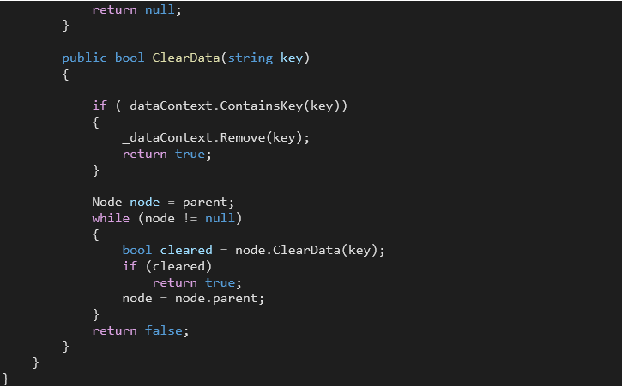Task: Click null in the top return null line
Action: click(163, 9)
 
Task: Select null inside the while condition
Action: click(224, 218)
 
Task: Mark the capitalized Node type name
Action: click(107, 202)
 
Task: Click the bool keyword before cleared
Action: click(137, 250)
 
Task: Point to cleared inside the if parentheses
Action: click(182, 266)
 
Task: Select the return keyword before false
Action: click(114, 330)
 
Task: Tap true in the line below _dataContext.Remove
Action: click(190, 154)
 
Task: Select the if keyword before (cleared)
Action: click(130, 266)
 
